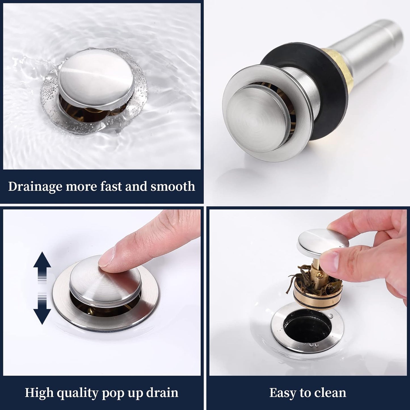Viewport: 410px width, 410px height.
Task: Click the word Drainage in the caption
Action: pyautogui.click(x=35, y=187)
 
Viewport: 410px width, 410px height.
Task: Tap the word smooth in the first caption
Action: pyautogui.click(x=173, y=186)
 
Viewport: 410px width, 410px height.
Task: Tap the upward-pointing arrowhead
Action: pyautogui.click(x=42, y=260)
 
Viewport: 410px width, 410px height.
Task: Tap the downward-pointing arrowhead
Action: pyautogui.click(x=42, y=317)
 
